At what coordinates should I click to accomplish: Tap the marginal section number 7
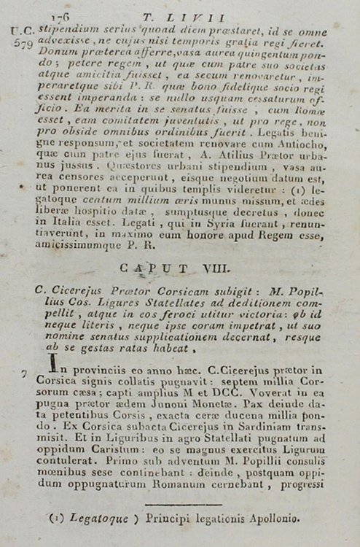(x=26, y=375)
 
